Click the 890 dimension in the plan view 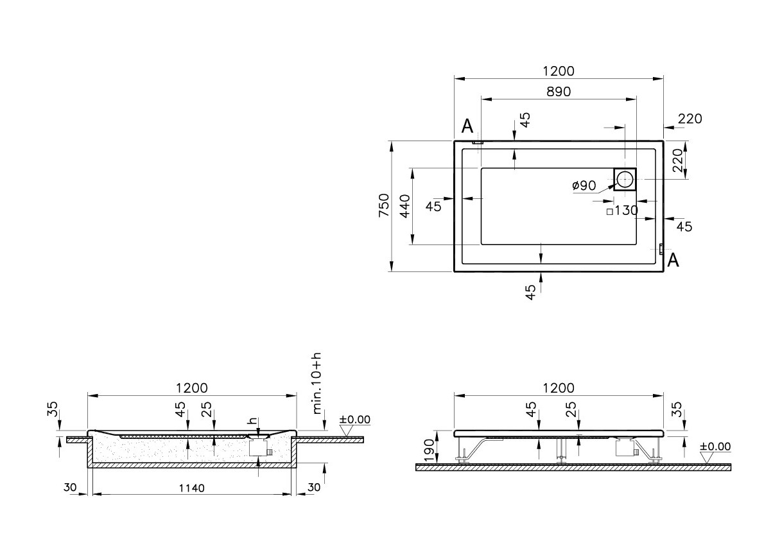[559, 92]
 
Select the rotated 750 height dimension [383, 205]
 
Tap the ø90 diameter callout [584, 186]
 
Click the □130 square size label [622, 210]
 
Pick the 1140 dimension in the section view [191, 488]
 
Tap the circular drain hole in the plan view [625, 179]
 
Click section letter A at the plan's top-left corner [467, 126]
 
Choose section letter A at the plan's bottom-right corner [673, 260]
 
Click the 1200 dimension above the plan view [559, 71]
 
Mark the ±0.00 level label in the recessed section [354, 420]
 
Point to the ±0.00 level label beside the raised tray [715, 447]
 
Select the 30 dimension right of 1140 [313, 488]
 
